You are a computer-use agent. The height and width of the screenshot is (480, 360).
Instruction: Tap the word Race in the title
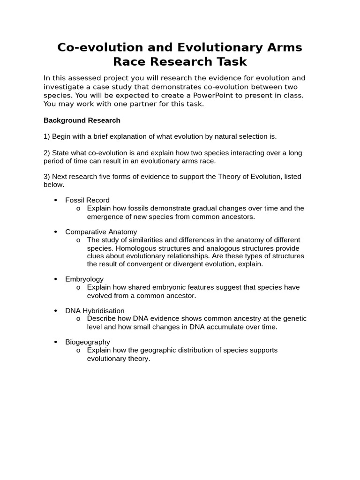[x=129, y=62]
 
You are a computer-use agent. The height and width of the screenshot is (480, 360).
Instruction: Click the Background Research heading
[x=82, y=120]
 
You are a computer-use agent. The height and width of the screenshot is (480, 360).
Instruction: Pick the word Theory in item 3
[x=226, y=177]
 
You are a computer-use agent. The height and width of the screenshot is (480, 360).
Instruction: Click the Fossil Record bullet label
[x=87, y=200]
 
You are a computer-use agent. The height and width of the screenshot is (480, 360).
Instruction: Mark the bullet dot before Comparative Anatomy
[x=55, y=232]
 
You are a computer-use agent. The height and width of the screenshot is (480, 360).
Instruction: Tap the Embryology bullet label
[x=84, y=279]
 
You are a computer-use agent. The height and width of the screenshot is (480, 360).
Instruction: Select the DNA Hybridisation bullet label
[x=95, y=311]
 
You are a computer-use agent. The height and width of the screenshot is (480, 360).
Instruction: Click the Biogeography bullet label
[x=88, y=342]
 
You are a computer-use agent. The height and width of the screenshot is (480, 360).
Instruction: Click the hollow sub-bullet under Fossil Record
[x=78, y=209]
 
